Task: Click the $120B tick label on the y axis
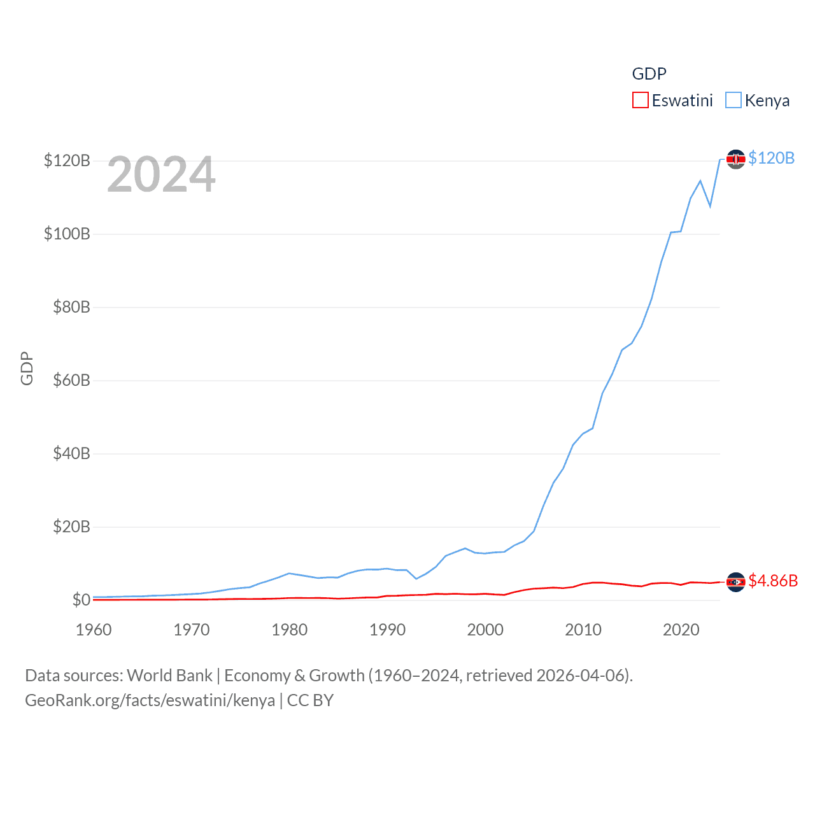pyautogui.click(x=67, y=160)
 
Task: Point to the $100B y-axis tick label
pyautogui.click(x=67, y=234)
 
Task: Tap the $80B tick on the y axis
pyautogui.click(x=71, y=307)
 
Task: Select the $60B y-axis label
pyautogui.click(x=71, y=380)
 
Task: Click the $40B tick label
pyautogui.click(x=71, y=453)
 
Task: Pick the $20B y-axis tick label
pyautogui.click(x=71, y=527)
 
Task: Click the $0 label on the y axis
pyautogui.click(x=81, y=600)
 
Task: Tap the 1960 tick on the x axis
pyautogui.click(x=94, y=630)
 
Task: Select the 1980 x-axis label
pyautogui.click(x=290, y=630)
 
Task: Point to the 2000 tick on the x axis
pyautogui.click(x=485, y=630)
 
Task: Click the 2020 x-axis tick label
pyautogui.click(x=681, y=630)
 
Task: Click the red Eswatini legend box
pyautogui.click(x=640, y=101)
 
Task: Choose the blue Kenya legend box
pyautogui.click(x=733, y=101)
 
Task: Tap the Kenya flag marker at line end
pyautogui.click(x=736, y=159)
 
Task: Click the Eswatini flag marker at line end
pyautogui.click(x=736, y=582)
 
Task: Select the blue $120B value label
pyautogui.click(x=772, y=158)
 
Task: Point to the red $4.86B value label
pyautogui.click(x=773, y=581)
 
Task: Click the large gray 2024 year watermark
pyautogui.click(x=161, y=174)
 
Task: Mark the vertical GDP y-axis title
pyautogui.click(x=27, y=368)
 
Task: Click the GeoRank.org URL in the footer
pyautogui.click(x=150, y=700)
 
